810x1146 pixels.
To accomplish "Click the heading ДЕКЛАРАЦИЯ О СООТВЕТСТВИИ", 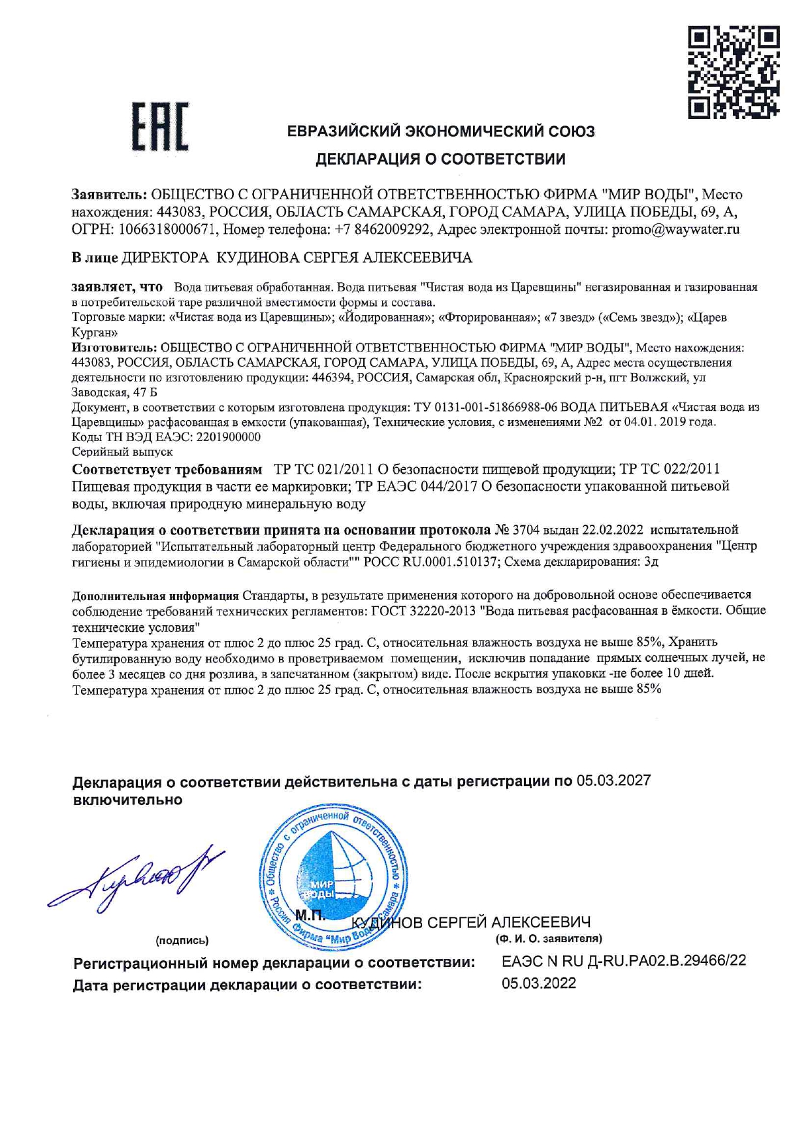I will (441, 159).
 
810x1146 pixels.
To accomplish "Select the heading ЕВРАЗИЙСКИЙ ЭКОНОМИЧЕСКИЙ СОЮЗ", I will (442, 131).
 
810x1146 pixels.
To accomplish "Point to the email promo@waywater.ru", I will (675, 229).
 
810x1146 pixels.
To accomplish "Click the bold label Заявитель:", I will (109, 194).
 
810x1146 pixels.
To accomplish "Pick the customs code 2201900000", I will (228, 437).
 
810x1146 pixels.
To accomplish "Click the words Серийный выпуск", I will (122, 451).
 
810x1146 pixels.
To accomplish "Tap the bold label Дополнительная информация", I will (155, 595).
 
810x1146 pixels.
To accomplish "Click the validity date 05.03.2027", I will (613, 781).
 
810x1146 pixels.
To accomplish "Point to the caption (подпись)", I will (182, 940).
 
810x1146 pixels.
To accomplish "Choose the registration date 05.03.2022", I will (539, 983).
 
